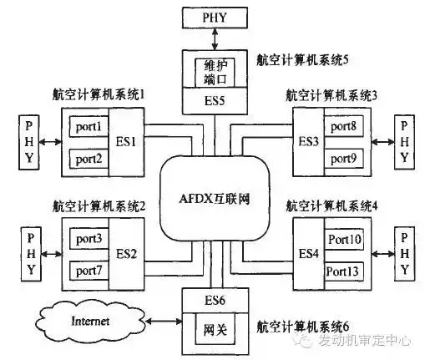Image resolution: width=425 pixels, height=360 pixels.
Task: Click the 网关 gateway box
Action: click(x=215, y=330)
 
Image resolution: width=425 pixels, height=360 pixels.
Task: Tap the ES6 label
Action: click(x=216, y=298)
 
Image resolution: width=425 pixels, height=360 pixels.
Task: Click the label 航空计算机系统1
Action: click(x=99, y=96)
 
